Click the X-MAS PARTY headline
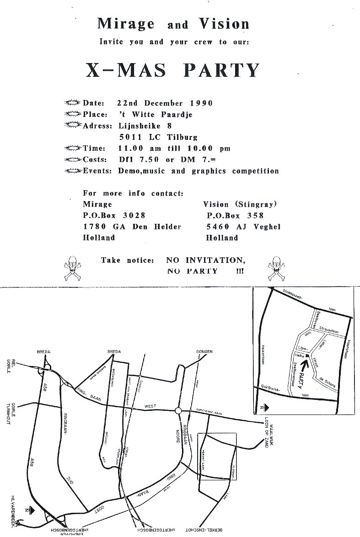tap(173, 70)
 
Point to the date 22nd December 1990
tap(165, 103)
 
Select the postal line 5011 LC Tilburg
tap(158, 137)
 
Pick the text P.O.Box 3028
tap(114, 215)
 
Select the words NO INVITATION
tap(205, 261)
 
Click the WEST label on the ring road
tap(150, 405)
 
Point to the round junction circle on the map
tap(178, 411)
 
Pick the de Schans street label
tap(328, 383)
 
